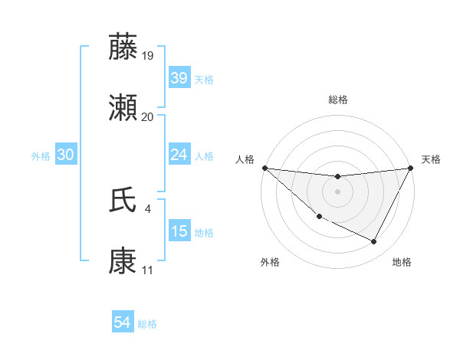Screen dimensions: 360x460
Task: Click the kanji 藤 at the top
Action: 123,48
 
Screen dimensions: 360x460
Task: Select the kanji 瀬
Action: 123,110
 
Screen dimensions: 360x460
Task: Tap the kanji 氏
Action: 123,201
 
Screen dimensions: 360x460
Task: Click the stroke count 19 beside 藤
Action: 148,55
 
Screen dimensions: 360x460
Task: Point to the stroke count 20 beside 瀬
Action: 148,116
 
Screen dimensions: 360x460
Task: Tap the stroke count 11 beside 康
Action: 147,270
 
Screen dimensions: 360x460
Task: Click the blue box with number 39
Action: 179,78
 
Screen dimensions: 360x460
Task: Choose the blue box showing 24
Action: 179,155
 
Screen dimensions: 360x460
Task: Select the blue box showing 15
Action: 179,231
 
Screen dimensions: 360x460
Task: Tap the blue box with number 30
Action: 65,155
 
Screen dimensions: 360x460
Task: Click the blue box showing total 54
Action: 122,322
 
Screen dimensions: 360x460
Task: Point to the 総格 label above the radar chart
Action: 337,100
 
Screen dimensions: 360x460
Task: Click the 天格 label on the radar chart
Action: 431,159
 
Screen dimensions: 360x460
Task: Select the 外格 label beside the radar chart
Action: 270,262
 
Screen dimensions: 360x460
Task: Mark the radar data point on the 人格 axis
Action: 264,168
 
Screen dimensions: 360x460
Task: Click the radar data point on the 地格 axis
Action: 374,242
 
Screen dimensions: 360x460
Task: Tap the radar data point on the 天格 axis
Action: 410,168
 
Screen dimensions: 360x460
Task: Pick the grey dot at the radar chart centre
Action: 337,191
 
